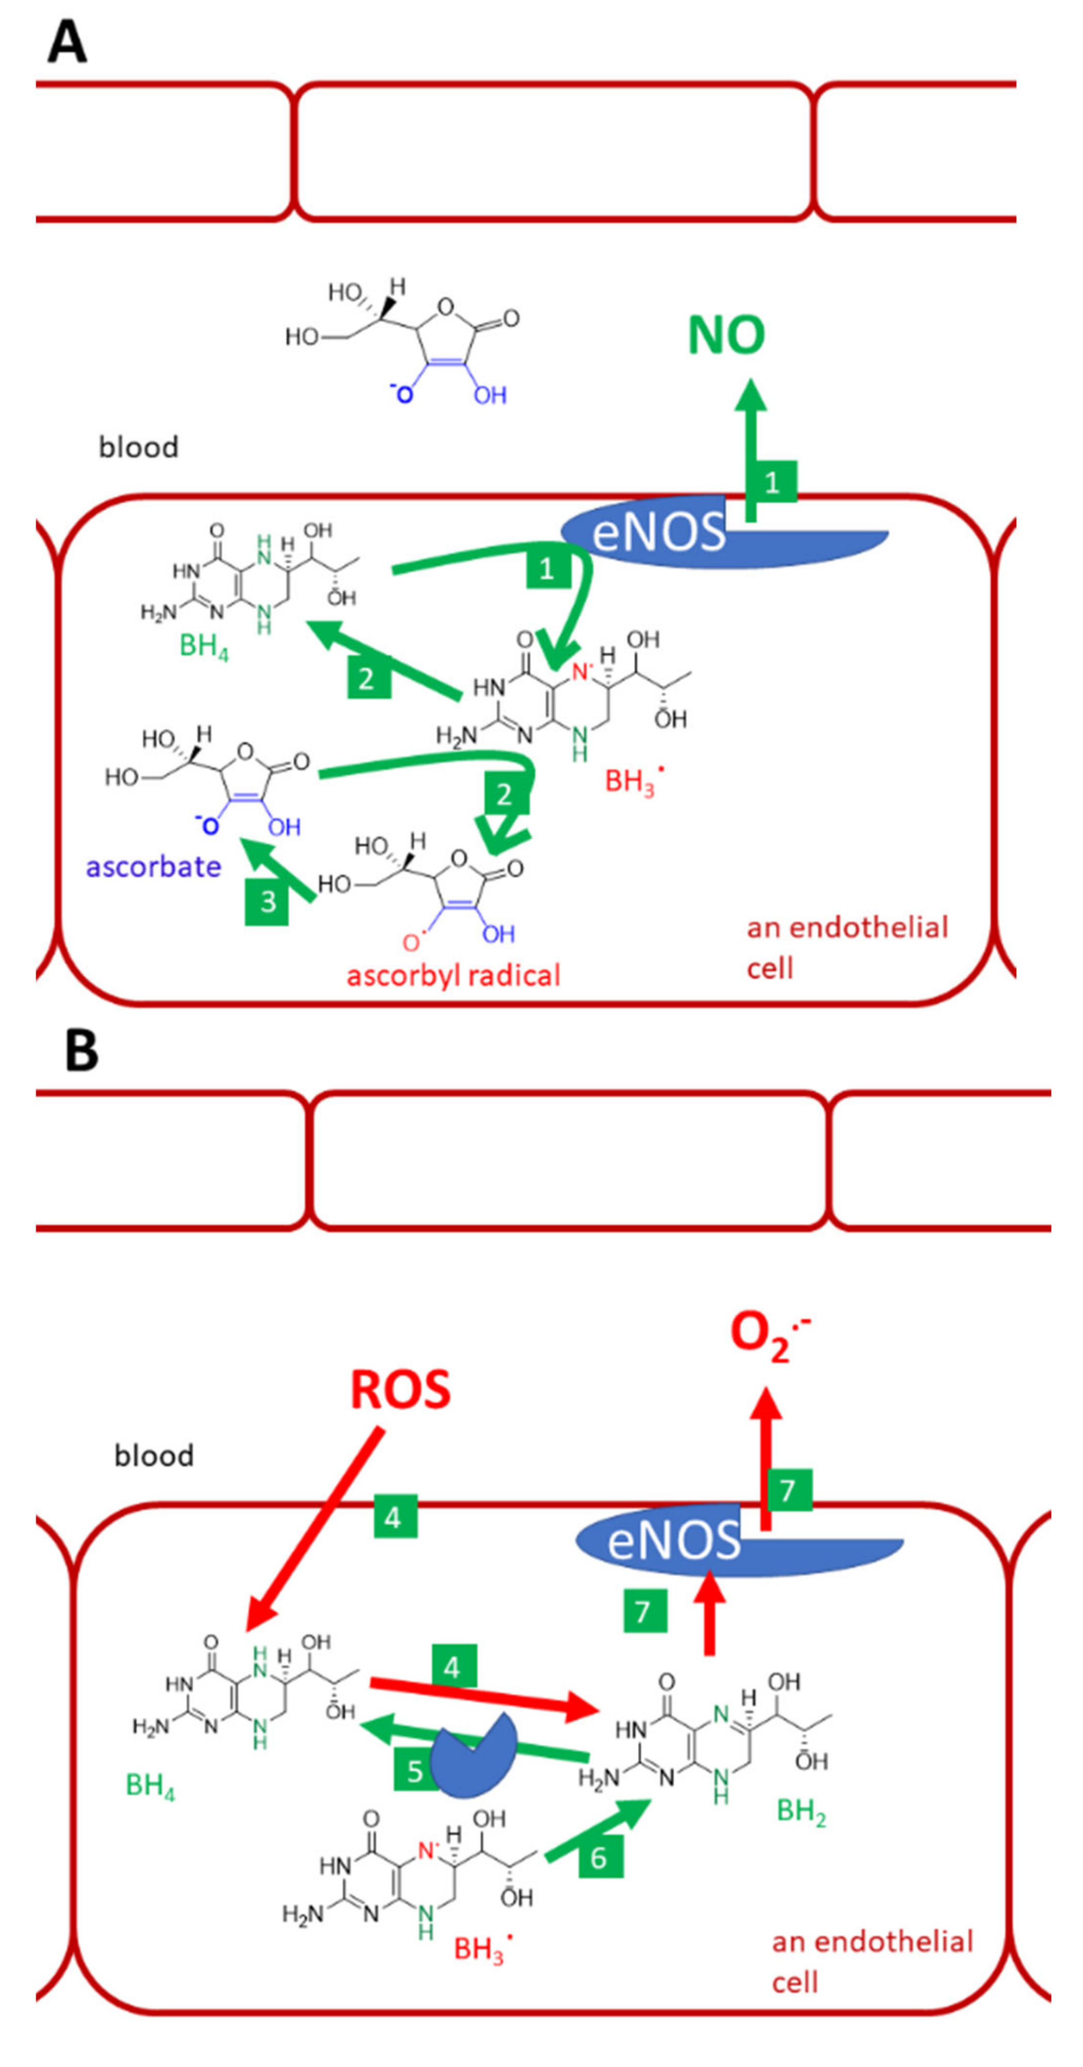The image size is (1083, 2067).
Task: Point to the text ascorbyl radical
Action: tap(453, 975)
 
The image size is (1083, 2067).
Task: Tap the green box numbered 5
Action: tap(415, 1770)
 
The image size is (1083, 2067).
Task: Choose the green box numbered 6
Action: tap(600, 1858)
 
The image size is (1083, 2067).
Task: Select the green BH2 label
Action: tap(801, 1812)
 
